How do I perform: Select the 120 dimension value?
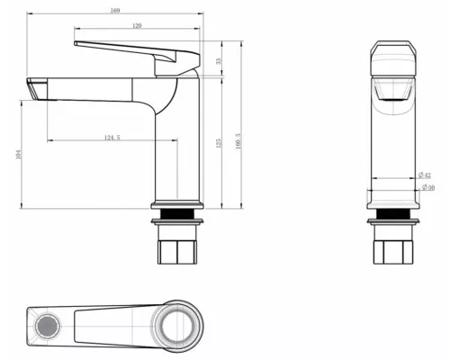point(137,26)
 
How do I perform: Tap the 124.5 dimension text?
point(112,137)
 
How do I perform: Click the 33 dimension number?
point(219,60)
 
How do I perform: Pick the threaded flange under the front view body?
point(393,217)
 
